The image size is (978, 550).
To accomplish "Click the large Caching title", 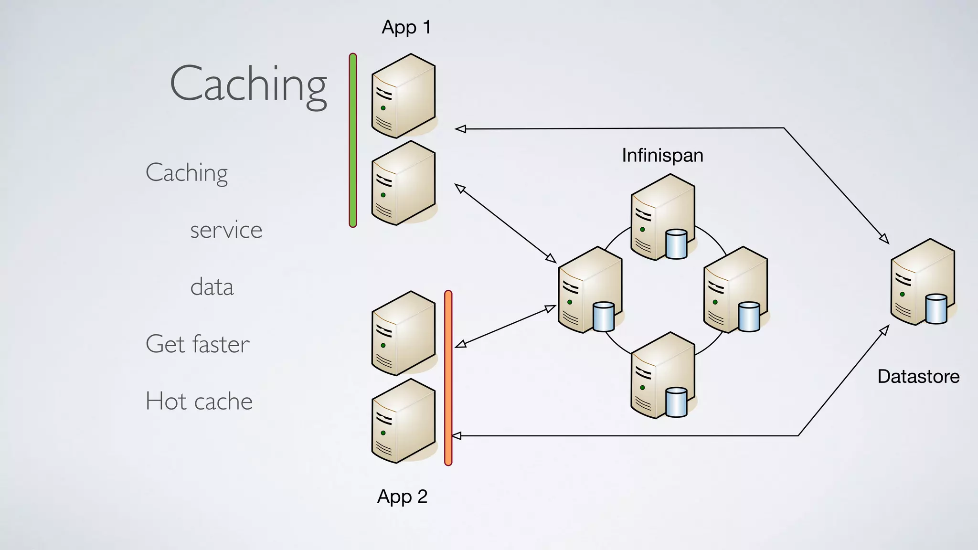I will coord(248,85).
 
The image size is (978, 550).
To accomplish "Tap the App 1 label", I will coord(406,27).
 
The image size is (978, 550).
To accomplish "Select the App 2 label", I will coord(402,497).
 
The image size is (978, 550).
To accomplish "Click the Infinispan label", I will coord(662,156).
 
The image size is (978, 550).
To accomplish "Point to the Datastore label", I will coord(918,377).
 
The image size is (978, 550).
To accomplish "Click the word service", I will coord(226,230).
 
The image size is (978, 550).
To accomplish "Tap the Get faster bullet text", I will coord(197,344).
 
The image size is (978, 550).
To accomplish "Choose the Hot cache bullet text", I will coord(199,401).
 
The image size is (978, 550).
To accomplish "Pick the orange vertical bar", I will coord(448,377).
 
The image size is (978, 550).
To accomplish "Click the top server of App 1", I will coord(403,95).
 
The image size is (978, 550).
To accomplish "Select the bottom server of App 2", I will coord(403,421).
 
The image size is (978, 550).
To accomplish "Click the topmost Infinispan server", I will coord(662,217).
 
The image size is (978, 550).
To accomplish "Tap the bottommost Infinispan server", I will coord(662,375).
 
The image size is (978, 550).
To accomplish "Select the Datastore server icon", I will coord(922,282).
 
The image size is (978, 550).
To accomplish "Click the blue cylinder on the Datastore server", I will coord(936,309).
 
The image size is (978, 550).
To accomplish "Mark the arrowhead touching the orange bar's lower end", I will coord(457,435).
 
